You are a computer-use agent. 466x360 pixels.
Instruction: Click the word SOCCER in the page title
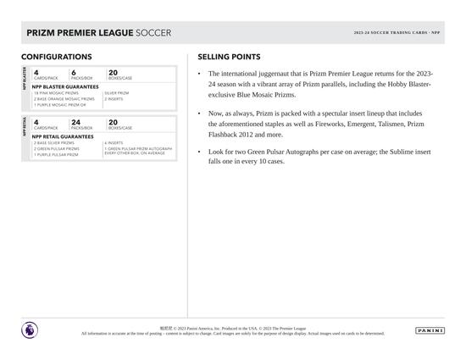(x=153, y=33)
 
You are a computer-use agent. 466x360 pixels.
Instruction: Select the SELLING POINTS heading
(x=229, y=57)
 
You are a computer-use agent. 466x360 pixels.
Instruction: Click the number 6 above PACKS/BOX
(x=74, y=73)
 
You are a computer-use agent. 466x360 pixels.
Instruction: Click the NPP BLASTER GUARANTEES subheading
(x=65, y=86)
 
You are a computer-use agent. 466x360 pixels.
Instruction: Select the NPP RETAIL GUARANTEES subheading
(x=63, y=136)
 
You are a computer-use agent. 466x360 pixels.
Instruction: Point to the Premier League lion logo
(x=31, y=330)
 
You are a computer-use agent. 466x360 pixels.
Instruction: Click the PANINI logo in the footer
(x=430, y=330)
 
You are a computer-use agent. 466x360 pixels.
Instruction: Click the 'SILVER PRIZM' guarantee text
(x=117, y=93)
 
